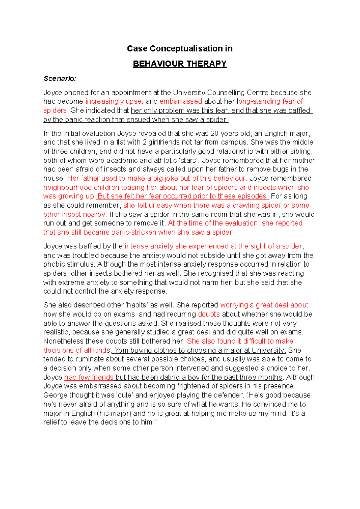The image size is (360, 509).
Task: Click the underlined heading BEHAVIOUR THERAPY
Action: point(180,64)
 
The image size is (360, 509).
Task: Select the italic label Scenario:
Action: point(60,79)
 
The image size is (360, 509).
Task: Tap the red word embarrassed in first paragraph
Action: point(181,101)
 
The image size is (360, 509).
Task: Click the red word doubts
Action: point(209,314)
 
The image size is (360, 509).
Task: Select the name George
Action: point(55,395)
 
